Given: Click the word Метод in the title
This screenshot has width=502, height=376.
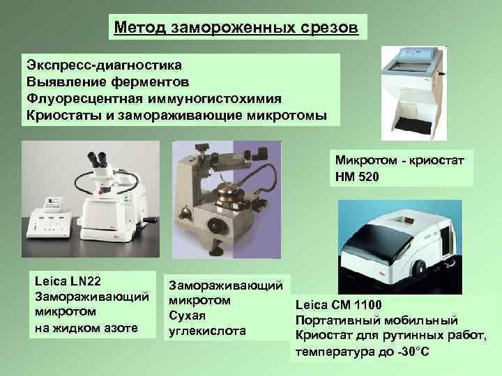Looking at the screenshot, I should pos(139,29).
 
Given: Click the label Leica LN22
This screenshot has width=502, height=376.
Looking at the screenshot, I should pos(68,281).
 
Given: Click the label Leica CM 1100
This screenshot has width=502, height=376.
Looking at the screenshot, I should pos(339,305).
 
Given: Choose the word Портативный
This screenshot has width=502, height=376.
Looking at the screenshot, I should pos(343,320).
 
